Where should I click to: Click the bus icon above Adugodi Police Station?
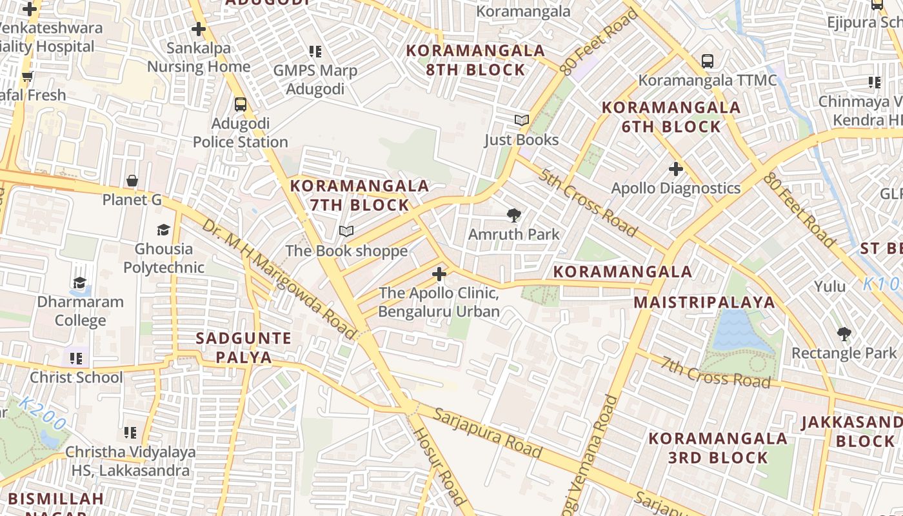click(240, 104)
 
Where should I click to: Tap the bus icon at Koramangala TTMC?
click(708, 61)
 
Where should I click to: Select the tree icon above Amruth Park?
click(514, 215)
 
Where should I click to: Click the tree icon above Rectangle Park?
click(844, 334)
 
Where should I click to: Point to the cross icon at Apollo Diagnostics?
click(675, 169)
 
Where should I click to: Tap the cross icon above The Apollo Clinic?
click(439, 274)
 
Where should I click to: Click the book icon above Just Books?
click(521, 121)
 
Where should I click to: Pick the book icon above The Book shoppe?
click(346, 232)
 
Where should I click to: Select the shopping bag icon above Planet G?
click(132, 181)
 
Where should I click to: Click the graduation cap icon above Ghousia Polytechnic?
click(163, 230)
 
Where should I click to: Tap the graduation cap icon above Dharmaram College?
click(80, 283)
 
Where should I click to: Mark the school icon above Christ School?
click(76, 358)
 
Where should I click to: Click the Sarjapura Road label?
click(487, 433)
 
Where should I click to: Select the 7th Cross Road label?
click(716, 372)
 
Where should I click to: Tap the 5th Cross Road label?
click(588, 203)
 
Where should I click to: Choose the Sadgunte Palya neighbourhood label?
click(244, 348)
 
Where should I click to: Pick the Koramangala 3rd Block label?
click(717, 448)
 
